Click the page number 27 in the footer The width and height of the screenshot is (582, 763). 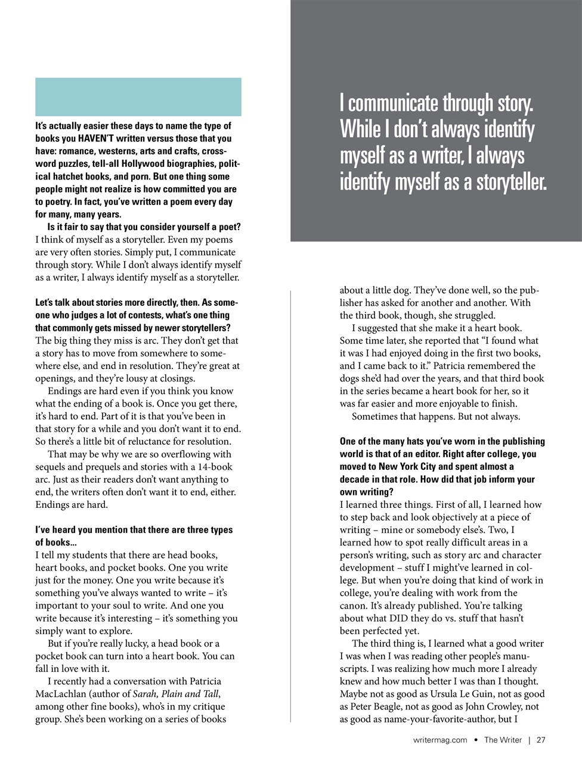[541, 740]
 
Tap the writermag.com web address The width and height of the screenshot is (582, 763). [440, 740]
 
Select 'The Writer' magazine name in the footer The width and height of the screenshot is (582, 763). [503, 740]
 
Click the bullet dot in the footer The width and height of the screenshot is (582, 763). [476, 740]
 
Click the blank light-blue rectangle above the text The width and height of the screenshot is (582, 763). [138, 97]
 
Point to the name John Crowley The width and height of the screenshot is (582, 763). [491, 706]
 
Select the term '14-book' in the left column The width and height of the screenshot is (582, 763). [215, 467]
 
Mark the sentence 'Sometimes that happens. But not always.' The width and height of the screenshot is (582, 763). [435, 416]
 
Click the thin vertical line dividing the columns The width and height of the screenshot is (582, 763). [290, 507]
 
